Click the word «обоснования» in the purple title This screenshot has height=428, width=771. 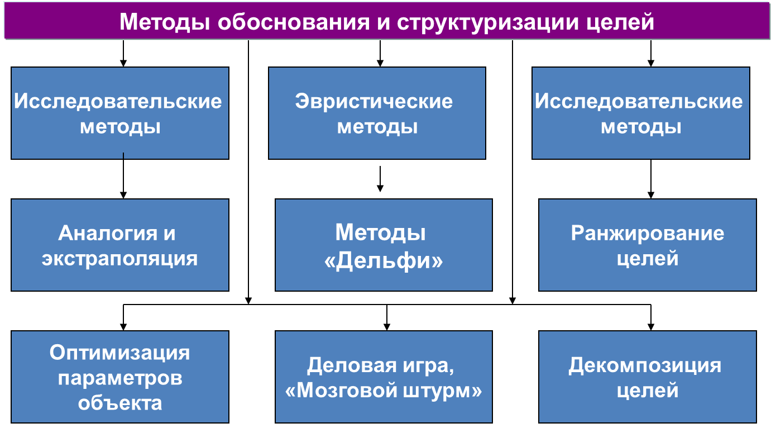click(293, 22)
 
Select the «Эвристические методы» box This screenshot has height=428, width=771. click(377, 113)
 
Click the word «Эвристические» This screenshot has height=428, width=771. click(374, 101)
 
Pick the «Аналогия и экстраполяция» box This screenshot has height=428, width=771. click(120, 245)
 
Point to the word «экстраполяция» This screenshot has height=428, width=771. click(120, 259)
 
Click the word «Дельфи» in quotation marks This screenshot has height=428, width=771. click(384, 261)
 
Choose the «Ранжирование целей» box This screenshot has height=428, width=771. click(648, 245)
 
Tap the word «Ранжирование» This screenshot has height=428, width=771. click(648, 234)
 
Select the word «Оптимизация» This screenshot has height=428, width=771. click(119, 353)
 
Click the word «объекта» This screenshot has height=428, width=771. click(120, 403)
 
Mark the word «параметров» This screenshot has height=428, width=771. click(120, 378)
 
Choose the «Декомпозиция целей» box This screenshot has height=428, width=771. click(648, 377)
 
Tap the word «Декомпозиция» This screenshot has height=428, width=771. click(645, 365)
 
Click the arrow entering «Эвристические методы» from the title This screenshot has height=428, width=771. click(380, 54)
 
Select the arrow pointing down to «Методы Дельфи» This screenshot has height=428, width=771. click(380, 179)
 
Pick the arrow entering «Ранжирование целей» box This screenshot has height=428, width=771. click(651, 179)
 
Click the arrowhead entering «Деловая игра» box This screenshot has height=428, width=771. click(387, 327)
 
